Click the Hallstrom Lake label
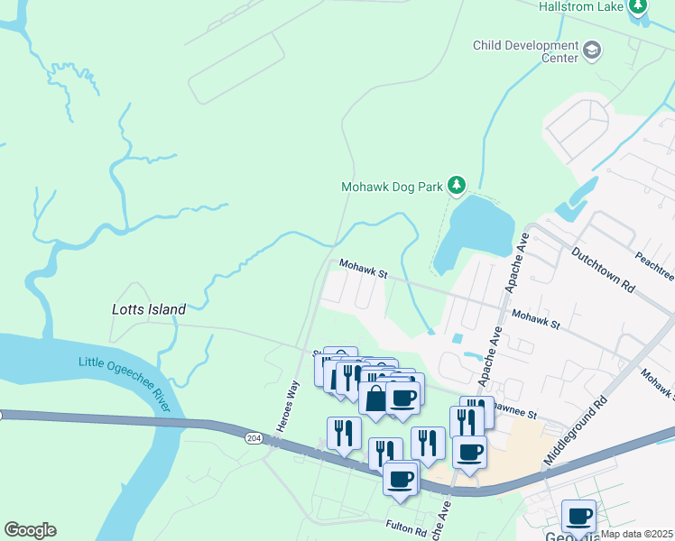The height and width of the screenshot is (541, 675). click(x=582, y=6)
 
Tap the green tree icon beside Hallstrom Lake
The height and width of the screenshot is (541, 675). click(x=639, y=6)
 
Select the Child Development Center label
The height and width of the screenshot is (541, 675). click(x=525, y=51)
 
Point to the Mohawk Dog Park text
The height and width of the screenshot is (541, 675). click(x=392, y=188)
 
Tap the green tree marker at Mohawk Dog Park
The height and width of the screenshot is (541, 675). click(x=458, y=187)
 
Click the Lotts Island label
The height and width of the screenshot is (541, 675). click(x=149, y=309)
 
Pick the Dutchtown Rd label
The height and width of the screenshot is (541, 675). click(x=603, y=266)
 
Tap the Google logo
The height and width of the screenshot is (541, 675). click(x=30, y=530)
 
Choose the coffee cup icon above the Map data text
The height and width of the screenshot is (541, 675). click(x=578, y=517)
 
